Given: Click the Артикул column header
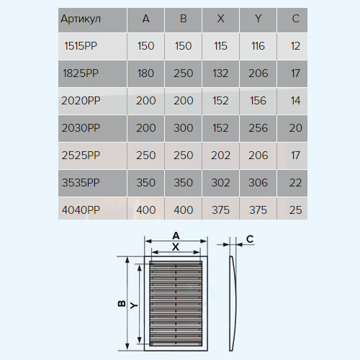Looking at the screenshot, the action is point(81,19).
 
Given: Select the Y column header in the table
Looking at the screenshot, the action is point(258,19).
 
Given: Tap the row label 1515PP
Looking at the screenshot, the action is point(81,46).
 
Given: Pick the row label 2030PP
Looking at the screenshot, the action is point(81,128).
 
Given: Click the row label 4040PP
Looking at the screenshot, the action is point(81,210).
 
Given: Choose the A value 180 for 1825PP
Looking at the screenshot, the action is point(145,73).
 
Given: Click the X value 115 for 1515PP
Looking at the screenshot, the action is point(220,46).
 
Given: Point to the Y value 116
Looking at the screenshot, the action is point(258,46).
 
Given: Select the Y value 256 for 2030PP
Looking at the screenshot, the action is point(258,128).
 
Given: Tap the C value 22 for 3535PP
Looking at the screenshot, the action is point(295,183).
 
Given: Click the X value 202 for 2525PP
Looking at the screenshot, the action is point(220,156).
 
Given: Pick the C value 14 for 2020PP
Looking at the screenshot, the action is point(295,101).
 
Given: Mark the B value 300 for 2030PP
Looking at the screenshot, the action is point(184,128).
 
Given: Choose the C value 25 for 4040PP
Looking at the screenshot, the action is point(295,210).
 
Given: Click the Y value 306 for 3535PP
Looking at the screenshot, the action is point(258,183).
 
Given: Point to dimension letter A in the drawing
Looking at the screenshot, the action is point(176,235).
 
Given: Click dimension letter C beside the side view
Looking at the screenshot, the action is point(250,239).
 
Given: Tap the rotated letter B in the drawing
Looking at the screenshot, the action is point(122,303).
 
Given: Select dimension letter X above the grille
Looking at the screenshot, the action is point(176,247).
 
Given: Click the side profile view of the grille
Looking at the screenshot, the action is point(232,304).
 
